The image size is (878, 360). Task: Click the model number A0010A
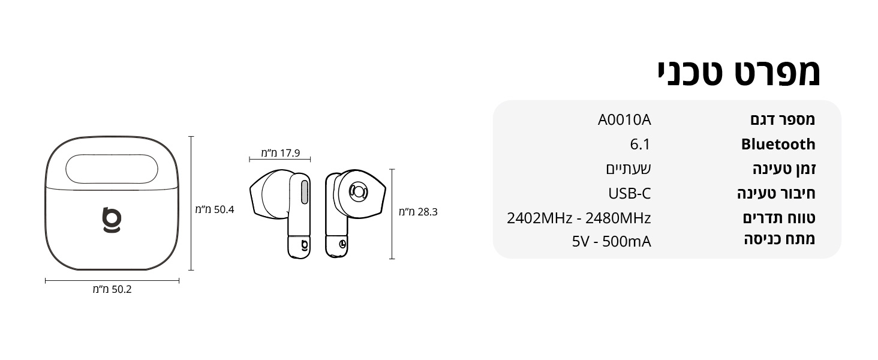(624, 119)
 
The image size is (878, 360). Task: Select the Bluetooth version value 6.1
(640, 145)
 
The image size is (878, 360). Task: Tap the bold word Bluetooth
(778, 145)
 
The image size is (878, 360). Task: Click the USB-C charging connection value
(630, 193)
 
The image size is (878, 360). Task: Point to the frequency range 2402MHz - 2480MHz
(579, 218)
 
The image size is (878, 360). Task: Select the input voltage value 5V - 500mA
(612, 242)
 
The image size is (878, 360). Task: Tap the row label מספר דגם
(783, 119)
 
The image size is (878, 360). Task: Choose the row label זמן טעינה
(784, 169)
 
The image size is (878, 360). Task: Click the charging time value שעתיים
(629, 169)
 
